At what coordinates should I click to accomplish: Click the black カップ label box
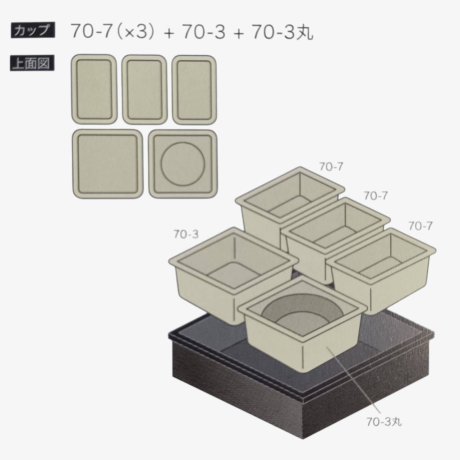33,30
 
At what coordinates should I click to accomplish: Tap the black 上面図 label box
32,63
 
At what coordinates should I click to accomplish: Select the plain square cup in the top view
108,164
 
